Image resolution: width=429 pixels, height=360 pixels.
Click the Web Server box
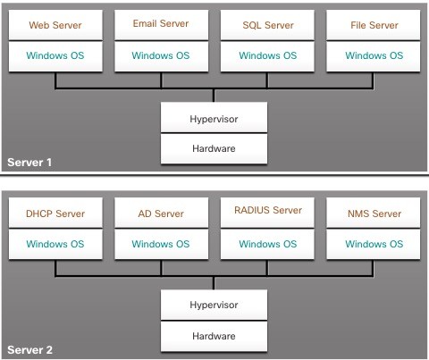point(55,25)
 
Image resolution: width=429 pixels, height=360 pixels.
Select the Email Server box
point(161,25)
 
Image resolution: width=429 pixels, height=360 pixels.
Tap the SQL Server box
point(267,25)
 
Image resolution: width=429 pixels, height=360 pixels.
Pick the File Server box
point(374,25)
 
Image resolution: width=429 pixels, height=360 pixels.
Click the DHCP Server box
point(55,213)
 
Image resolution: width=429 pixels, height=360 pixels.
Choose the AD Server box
point(161,213)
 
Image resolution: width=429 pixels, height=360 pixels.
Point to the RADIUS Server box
point(267,213)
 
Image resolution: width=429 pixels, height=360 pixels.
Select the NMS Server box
point(374,213)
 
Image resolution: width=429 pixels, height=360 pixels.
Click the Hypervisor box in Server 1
point(214,117)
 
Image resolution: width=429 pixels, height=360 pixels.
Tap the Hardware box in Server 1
point(214,148)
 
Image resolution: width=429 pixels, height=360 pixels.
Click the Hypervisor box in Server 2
point(214,305)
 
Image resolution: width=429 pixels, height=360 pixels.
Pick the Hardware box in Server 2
point(214,336)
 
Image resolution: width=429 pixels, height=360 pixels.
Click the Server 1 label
point(29,163)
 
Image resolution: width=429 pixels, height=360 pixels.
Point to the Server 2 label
point(29,350)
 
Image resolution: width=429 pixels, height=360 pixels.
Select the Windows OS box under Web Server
point(55,56)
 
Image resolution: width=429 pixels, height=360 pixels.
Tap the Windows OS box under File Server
point(374,56)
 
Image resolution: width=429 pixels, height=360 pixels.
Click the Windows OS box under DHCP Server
point(55,244)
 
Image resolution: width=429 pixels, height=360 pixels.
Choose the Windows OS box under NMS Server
point(374,244)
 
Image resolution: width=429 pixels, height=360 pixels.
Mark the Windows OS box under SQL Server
point(267,56)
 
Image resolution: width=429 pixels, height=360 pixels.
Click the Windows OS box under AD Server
point(161,244)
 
